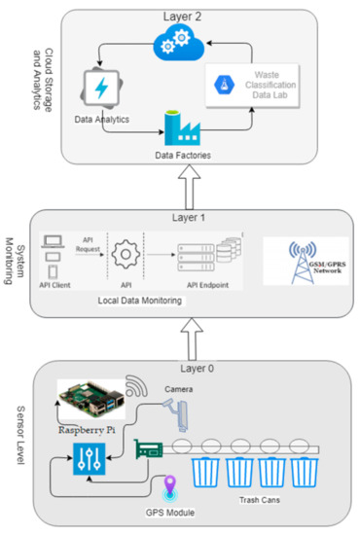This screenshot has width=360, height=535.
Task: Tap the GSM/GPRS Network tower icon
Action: coord(304,255)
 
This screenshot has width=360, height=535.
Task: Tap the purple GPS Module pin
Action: coord(170,484)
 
